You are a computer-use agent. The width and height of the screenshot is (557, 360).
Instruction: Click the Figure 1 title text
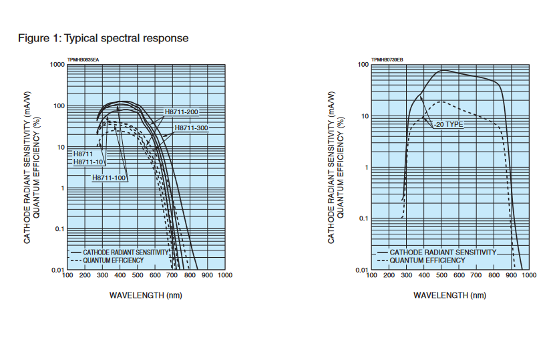coord(103,38)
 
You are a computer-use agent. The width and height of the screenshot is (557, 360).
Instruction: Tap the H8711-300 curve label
coord(192,128)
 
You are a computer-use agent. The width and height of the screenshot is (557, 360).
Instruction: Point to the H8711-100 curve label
coord(110,178)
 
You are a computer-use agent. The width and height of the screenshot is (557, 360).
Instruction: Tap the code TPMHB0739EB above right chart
coord(387,59)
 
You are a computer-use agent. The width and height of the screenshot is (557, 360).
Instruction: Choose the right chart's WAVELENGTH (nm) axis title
coord(449,295)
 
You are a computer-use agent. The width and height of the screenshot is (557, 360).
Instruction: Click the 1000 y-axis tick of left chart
coord(57,65)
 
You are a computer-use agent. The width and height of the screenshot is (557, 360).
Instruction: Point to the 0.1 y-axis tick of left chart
coord(59,229)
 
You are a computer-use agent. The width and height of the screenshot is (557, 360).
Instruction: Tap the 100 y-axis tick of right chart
coord(363,65)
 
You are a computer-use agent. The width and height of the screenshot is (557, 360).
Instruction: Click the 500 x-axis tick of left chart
coord(137,275)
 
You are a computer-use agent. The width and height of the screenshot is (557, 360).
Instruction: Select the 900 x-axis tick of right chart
coord(512,275)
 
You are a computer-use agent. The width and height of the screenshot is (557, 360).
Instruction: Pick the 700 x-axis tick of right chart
coord(476,275)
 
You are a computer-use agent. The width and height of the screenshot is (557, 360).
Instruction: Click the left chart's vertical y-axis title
coord(31,167)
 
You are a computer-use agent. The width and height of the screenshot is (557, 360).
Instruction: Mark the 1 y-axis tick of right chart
coord(366,168)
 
